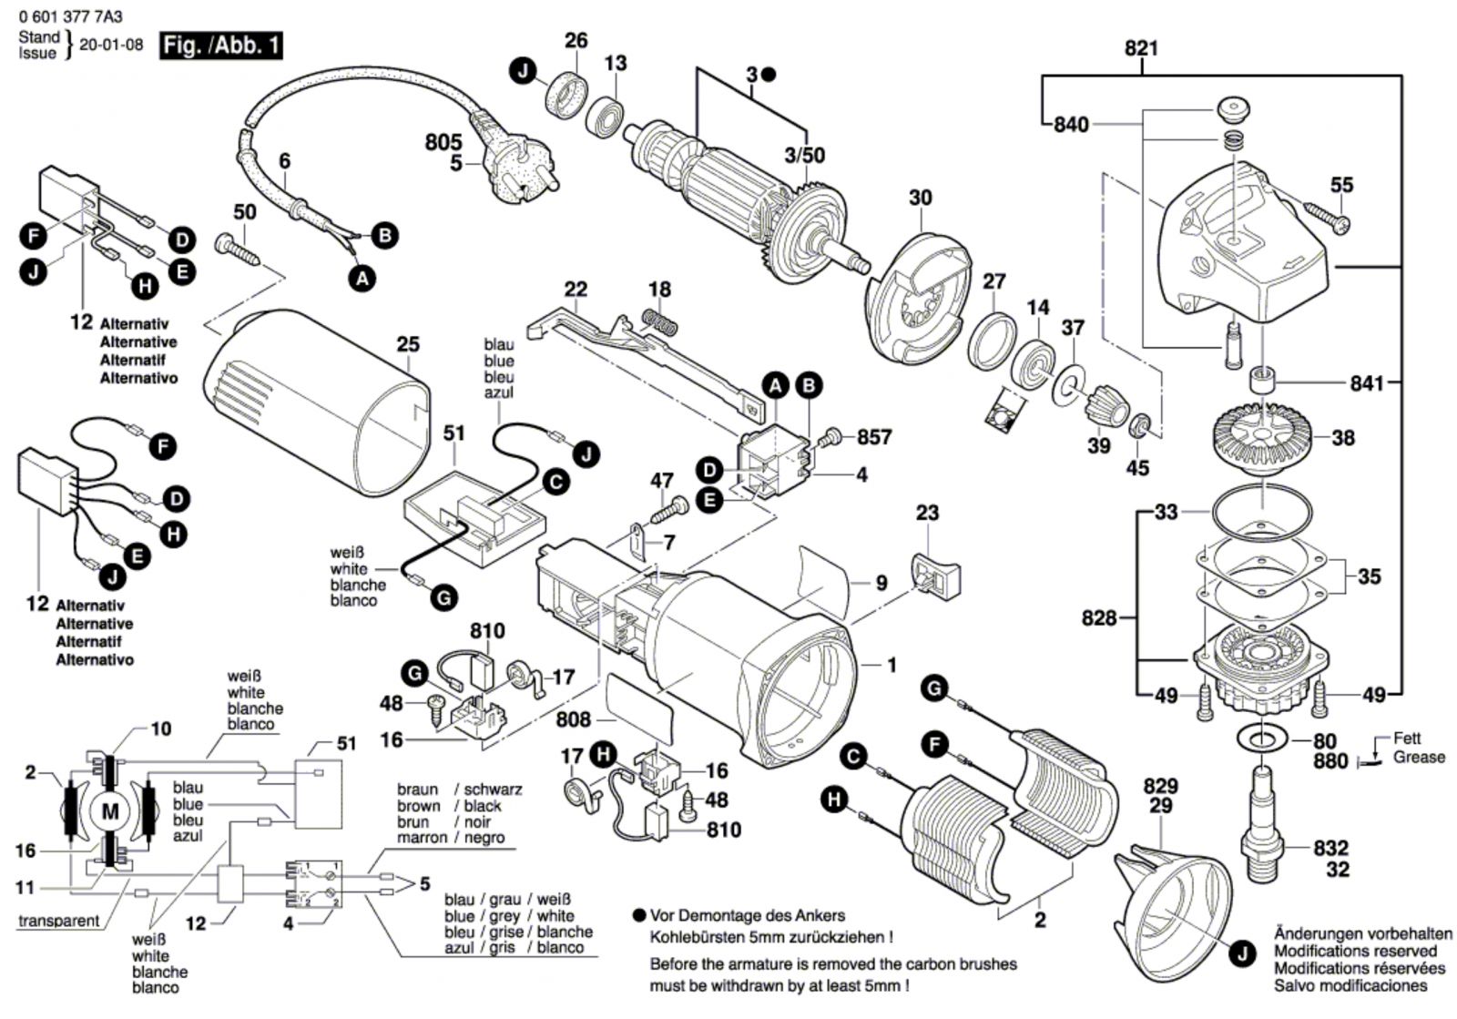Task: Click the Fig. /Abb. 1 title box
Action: coord(220,45)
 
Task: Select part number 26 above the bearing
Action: coord(576,40)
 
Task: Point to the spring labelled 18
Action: coord(661,320)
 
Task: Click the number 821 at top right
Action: coord(1141,48)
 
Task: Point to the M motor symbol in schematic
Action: coord(109,810)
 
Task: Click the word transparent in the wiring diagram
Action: coord(59,921)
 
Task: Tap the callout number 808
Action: coord(574,718)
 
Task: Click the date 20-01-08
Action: coord(111,45)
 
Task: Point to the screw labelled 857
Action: coord(830,439)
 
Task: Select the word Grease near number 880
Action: coord(1419,757)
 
